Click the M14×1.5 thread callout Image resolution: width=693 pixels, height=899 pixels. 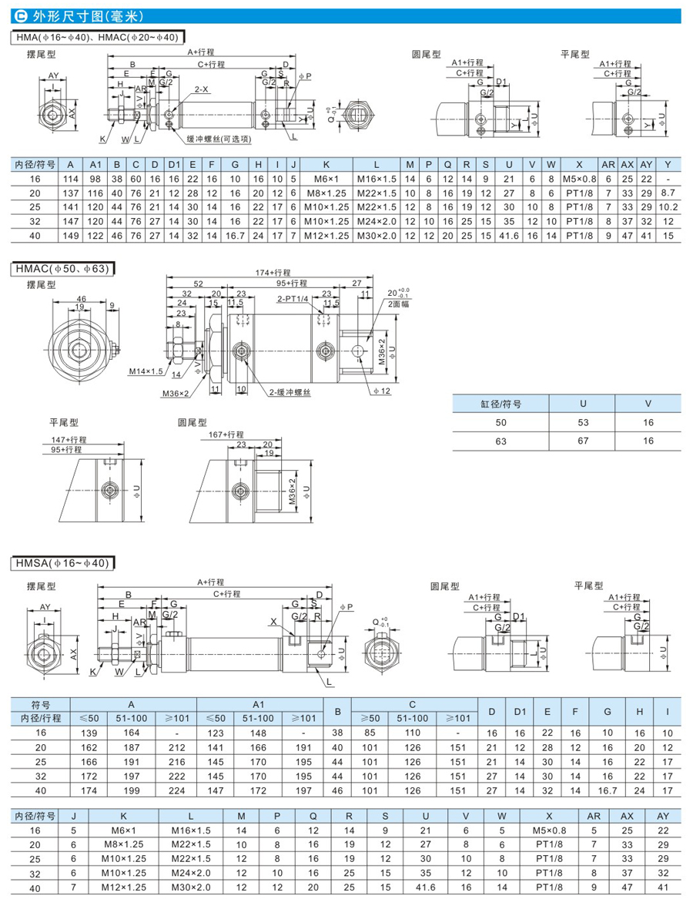pyautogui.click(x=146, y=371)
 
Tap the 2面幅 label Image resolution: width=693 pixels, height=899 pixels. pyautogui.click(x=396, y=304)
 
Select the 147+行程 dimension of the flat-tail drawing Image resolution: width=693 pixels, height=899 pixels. pyautogui.click(x=69, y=440)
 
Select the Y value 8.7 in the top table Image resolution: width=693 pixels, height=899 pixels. pyautogui.click(x=668, y=192)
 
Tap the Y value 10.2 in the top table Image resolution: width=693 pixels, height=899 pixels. pyautogui.click(x=668, y=207)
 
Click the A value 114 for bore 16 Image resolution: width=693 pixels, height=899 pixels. pyautogui.click(x=71, y=178)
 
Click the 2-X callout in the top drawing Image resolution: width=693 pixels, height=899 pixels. pyautogui.click(x=201, y=89)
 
